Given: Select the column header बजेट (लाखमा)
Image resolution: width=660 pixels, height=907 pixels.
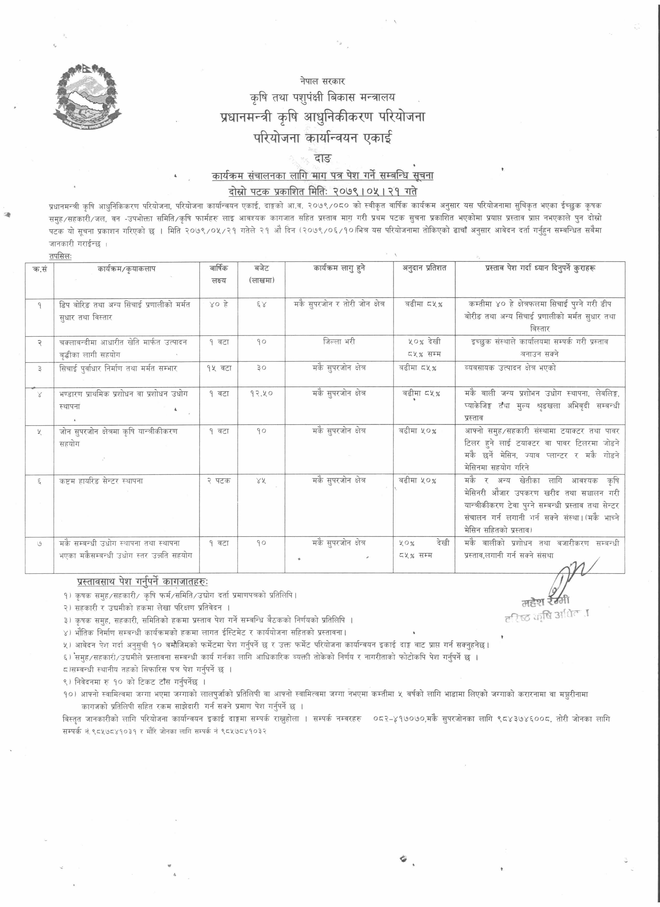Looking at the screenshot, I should [261, 274].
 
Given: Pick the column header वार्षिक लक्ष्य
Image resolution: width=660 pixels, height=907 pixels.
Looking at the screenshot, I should [219, 274].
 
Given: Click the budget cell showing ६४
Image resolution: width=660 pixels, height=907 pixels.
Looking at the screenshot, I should [261, 305].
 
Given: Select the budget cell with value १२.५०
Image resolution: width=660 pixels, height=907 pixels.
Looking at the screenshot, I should [261, 394].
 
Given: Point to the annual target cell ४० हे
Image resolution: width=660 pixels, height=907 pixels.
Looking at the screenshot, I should [219, 305].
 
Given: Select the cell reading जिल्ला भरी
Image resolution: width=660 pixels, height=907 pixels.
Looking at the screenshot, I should [339, 342].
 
